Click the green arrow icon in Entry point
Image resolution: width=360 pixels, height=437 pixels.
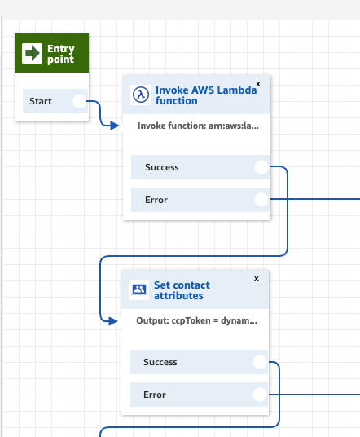(33, 53)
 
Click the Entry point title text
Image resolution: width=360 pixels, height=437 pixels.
(61, 54)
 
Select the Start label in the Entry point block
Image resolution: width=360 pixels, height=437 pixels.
(41, 101)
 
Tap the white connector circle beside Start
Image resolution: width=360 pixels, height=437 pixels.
(80, 101)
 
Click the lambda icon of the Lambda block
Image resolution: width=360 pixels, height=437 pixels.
(141, 95)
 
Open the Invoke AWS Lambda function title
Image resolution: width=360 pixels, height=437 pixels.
(206, 95)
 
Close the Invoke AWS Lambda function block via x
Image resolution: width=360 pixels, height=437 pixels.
(258, 84)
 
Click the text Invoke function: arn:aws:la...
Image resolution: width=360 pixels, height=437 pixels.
(198, 126)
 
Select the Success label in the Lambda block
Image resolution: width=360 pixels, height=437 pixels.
(162, 167)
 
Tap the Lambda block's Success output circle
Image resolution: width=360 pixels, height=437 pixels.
(261, 167)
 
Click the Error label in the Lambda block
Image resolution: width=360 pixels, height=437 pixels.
(156, 200)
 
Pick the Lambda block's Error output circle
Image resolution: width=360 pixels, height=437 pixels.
(261, 200)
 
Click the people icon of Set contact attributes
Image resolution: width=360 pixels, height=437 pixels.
(139, 290)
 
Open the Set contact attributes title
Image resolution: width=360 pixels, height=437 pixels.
(182, 290)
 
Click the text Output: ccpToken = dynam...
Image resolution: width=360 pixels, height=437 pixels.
(196, 320)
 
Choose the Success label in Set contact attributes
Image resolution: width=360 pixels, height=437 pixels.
(160, 362)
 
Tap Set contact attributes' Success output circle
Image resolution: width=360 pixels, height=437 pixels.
(260, 362)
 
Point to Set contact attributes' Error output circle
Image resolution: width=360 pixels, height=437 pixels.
(260, 395)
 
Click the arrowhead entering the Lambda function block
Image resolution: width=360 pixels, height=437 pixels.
(114, 126)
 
